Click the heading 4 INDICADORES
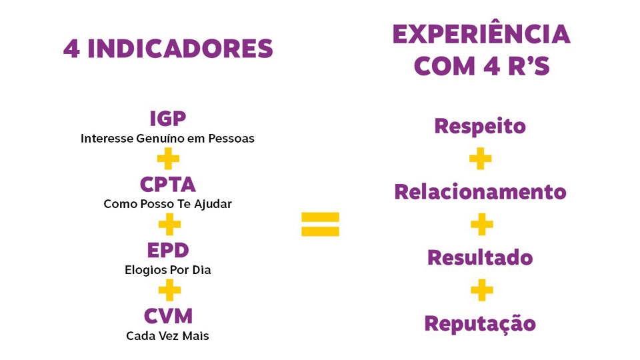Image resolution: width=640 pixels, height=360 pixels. coord(168,49)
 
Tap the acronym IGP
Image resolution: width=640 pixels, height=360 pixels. coord(168,119)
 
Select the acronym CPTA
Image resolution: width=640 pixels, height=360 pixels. coord(168,185)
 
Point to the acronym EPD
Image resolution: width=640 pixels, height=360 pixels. coord(168,250)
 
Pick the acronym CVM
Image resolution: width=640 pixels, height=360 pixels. coord(168,316)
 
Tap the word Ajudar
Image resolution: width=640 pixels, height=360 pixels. coord(213,204)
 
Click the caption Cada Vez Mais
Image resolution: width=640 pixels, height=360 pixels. coord(167,336)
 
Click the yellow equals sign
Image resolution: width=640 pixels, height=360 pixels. coord(320,224)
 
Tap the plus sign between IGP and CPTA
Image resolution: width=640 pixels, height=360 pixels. coord(168,159)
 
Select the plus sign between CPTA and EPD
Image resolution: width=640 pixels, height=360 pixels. coord(169,225)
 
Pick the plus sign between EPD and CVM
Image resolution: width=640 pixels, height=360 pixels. coord(169,290)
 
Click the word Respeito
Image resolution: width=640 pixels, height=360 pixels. coord(480,126)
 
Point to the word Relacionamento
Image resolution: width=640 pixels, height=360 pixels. coord(481,192)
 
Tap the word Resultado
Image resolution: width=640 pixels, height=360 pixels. coord(480,257)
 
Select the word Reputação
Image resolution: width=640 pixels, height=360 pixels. coord(480,324)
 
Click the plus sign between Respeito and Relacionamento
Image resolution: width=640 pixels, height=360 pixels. coord(481,159)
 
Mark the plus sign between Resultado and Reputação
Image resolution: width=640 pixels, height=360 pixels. coord(481,290)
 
